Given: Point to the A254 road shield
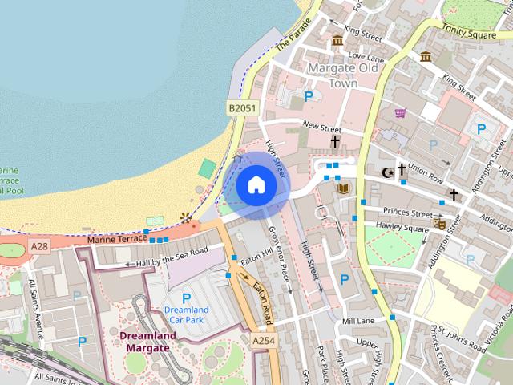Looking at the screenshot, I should click(x=264, y=341).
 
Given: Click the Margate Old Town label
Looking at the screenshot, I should click(x=343, y=75).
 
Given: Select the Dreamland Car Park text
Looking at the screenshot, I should click(x=187, y=315).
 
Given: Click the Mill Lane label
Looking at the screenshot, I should click(x=357, y=321).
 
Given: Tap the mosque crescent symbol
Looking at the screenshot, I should click(x=387, y=172).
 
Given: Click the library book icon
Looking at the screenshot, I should click(x=344, y=188).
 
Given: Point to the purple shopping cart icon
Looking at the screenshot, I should click(x=399, y=112).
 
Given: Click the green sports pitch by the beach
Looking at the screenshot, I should click(x=208, y=168).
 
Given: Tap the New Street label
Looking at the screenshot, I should click(x=321, y=127).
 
